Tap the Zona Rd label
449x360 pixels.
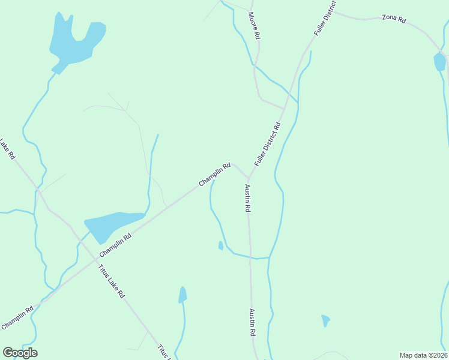coord(394,19)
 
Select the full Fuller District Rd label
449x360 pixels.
coord(268,145)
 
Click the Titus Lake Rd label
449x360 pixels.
coord(111,280)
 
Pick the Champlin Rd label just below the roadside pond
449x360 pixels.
coord(115,244)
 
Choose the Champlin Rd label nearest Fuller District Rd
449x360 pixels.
coord(215,174)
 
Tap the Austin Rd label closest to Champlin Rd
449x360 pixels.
coord(247,198)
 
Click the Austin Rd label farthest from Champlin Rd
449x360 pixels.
coord(253,323)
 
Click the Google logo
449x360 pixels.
coord(20,353)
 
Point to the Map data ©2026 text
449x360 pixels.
coord(423,355)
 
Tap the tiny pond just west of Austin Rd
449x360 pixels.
coord(221,245)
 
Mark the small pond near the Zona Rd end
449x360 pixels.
coord(439,61)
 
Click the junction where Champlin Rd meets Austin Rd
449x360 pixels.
coord(248,178)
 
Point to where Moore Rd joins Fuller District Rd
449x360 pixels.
coord(283,109)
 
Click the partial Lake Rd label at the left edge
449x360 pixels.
coord(7,149)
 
